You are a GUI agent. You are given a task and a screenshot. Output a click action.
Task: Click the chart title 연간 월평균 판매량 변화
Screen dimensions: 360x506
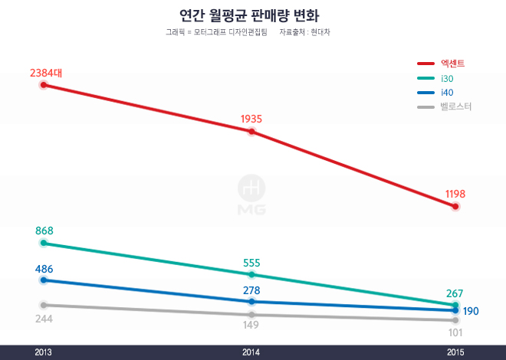click(x=249, y=15)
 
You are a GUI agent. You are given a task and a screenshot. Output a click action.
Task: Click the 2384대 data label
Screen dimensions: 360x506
click(x=46, y=73)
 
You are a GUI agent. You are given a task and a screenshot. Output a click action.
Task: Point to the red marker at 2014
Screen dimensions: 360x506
click(x=251, y=132)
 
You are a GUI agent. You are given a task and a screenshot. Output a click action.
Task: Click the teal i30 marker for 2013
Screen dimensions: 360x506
click(x=44, y=244)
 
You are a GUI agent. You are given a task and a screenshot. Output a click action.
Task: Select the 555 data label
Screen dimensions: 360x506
click(x=251, y=263)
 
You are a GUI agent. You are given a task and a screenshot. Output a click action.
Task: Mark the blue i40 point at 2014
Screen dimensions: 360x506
click(x=251, y=302)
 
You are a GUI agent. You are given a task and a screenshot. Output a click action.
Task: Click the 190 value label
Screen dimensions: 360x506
click(x=471, y=311)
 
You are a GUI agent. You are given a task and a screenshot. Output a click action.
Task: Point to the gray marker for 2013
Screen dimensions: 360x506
click(x=44, y=305)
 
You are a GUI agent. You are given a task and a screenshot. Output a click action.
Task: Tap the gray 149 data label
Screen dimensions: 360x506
click(x=251, y=326)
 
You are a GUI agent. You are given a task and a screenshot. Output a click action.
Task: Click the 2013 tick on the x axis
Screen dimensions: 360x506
click(x=44, y=352)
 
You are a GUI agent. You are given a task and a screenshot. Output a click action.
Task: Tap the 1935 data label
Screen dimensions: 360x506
click(x=251, y=119)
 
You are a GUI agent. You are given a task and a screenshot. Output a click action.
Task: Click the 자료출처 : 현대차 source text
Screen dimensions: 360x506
click(x=305, y=33)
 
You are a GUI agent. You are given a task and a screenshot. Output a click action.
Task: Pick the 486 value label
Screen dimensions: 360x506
click(x=44, y=269)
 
